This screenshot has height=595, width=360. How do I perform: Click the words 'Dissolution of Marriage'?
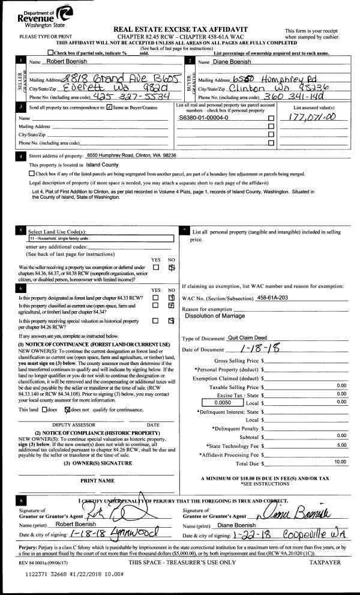point(215,316)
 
